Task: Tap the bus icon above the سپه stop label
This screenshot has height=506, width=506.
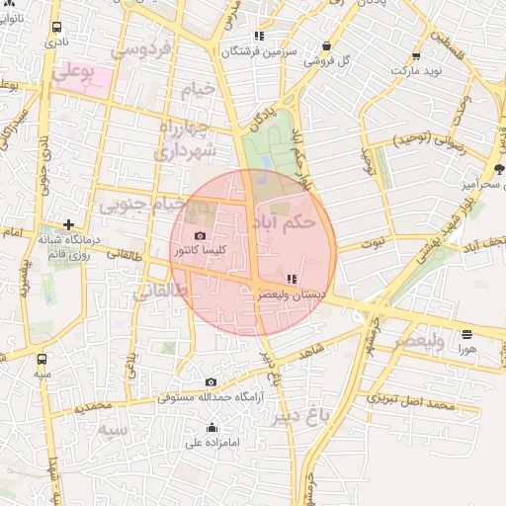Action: coord(42,360)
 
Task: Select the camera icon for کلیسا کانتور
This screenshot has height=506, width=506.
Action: coord(202,236)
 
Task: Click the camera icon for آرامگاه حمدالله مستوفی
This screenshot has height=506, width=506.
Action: coord(211,382)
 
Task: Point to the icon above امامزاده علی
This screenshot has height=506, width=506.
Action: coord(211,428)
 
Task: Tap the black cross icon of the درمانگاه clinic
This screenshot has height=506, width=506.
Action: coord(68,224)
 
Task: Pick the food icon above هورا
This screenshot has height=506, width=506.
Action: coord(466,334)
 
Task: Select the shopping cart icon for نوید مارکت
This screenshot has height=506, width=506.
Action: coord(416,56)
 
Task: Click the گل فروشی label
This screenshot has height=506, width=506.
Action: coord(330,60)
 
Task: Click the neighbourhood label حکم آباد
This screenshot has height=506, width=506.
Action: coord(287,223)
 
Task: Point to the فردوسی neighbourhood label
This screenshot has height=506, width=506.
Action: coord(144,48)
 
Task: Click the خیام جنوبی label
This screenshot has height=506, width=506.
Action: coord(141,205)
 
